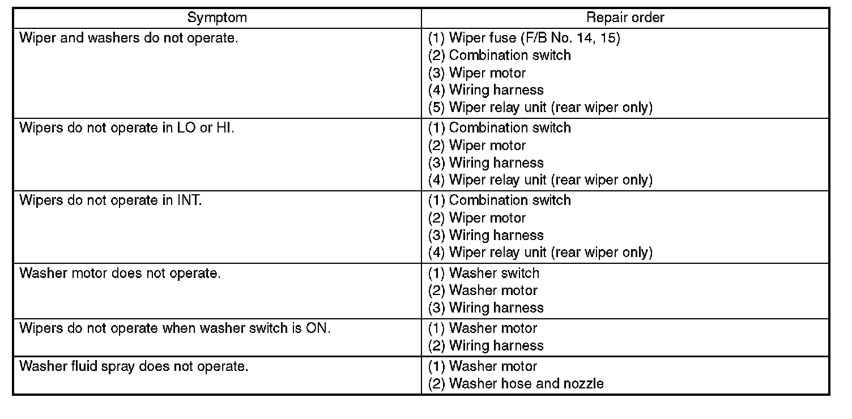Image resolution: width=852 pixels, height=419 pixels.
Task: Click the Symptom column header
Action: [217, 18]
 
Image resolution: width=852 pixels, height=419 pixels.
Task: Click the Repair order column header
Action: [625, 18]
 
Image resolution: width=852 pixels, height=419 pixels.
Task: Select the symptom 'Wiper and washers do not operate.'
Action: [129, 38]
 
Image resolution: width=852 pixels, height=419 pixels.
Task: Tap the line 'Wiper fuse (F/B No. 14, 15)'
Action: [524, 38]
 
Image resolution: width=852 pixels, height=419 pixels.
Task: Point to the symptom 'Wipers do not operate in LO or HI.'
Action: [126, 127]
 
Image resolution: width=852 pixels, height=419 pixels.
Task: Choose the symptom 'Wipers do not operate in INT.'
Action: [110, 200]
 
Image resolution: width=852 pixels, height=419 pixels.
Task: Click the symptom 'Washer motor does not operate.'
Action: [120, 273]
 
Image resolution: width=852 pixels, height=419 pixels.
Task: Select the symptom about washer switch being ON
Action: [174, 328]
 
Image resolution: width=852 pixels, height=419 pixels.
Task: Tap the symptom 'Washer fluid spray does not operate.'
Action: [134, 366]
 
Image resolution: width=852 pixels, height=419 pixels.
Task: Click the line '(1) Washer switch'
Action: [483, 273]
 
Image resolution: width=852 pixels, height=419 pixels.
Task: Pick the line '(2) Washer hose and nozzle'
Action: [516, 383]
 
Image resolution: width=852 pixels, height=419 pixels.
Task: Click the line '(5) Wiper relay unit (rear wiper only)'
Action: [540, 108]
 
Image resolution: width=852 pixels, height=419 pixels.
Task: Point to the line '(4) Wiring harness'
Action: [485, 90]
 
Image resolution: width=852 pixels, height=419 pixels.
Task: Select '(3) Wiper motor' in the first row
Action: [476, 73]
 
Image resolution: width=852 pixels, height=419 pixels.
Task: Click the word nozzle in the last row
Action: [583, 383]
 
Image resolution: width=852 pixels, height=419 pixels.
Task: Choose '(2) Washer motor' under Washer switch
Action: [483, 290]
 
